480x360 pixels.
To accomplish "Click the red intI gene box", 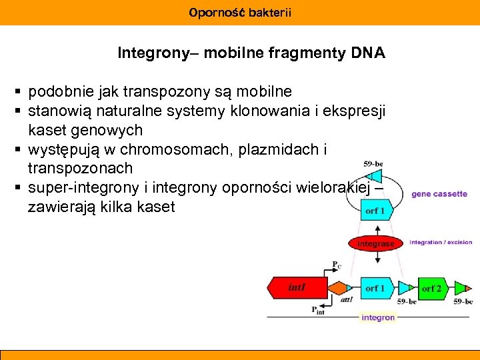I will coord(297,288).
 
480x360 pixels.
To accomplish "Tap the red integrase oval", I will coord(376,244).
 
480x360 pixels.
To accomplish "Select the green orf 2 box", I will coord(431,288).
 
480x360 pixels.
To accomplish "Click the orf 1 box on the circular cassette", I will coord(375,211).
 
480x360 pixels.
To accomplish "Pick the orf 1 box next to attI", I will coord(375,288).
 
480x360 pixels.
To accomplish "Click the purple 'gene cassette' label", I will coord(439,194).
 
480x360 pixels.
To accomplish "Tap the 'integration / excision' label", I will coord(441,242).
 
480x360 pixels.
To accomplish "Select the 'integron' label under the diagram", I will coord(378,318).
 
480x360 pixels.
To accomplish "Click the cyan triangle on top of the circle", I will coord(375,175).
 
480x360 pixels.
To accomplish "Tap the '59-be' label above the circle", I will coord(373,163).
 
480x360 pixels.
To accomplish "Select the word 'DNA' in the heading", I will coord(371,53).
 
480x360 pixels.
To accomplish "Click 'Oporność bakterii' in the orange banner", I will coord(240,12).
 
